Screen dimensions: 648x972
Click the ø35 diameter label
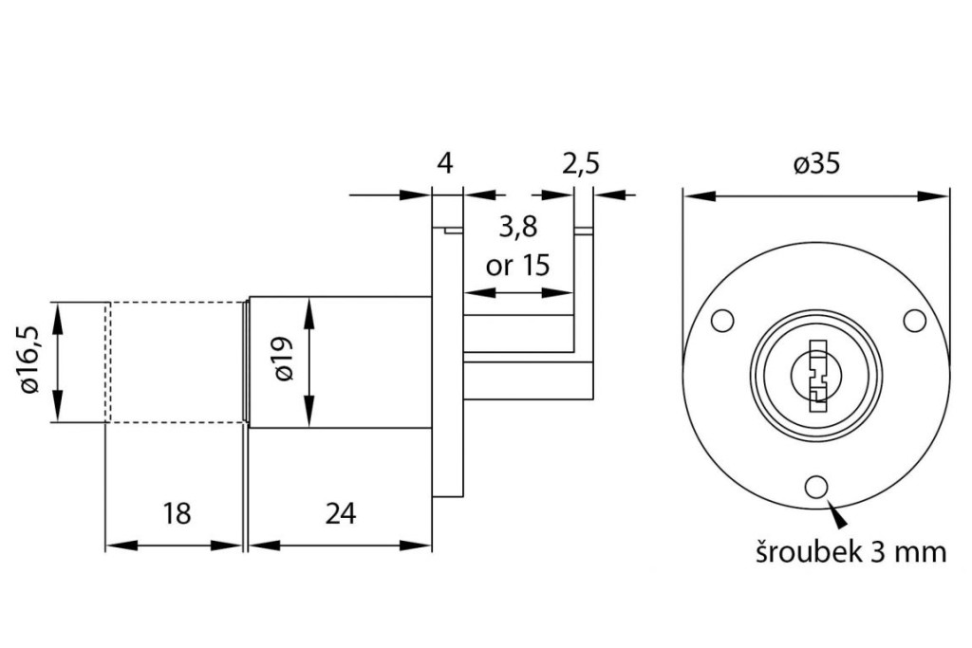[x=816, y=164]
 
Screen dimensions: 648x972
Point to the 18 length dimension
[x=177, y=513]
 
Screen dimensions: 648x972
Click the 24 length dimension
[x=340, y=513]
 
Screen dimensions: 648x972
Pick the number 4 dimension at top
[x=444, y=164]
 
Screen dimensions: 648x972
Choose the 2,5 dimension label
[x=581, y=164]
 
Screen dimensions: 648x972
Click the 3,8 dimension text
[x=517, y=227]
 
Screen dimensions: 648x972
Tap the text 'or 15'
[x=517, y=264]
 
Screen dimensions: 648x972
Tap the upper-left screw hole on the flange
[x=722, y=321]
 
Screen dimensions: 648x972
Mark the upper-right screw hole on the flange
[x=913, y=321]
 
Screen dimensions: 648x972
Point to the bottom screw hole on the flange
[x=815, y=488]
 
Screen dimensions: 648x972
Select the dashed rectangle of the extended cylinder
[x=176, y=362]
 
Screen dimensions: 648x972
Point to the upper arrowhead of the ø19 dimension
[x=308, y=309]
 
